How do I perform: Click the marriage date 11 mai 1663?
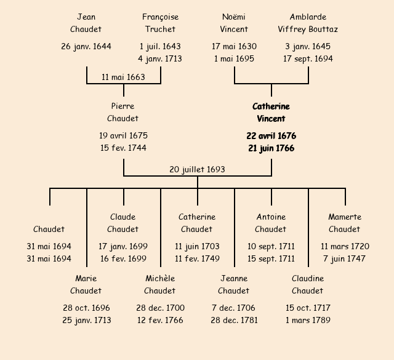tap(123, 77)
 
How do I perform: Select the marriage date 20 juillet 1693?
tap(197, 169)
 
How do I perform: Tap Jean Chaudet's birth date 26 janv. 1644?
tap(86, 47)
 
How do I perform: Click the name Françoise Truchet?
tap(160, 23)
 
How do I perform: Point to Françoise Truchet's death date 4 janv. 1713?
tap(160, 59)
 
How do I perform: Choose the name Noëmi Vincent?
tap(234, 23)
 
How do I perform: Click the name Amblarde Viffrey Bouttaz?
tap(308, 23)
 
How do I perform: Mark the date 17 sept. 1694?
tap(308, 59)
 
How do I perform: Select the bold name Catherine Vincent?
tap(271, 113)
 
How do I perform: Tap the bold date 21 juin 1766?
tap(271, 148)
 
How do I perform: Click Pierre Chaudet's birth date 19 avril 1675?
tap(123, 136)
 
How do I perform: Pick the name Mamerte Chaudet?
tap(345, 223)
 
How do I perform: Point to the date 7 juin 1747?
tap(345, 259)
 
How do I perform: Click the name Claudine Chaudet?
tap(308, 284)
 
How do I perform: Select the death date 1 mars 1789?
tap(308, 321)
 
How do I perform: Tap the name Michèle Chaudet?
tap(160, 284)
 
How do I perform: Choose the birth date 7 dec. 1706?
tap(234, 308)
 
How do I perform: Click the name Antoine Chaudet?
tap(271, 223)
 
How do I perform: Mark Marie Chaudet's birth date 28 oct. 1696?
tap(86, 308)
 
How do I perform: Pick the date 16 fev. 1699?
tap(123, 259)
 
